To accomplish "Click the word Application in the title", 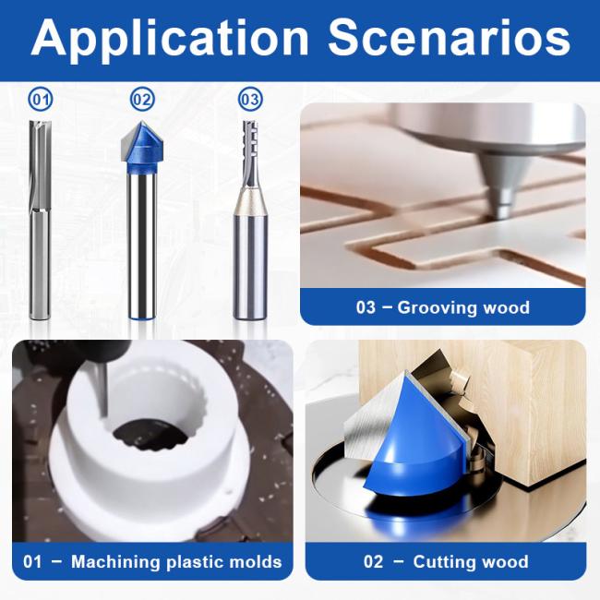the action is (170, 39).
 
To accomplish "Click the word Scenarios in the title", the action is (449, 38).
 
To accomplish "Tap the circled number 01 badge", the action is (41, 100).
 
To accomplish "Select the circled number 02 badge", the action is (142, 100).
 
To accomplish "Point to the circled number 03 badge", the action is (251, 100).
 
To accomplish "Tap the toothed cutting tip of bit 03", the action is (251, 153).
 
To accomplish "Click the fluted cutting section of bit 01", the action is (40, 164).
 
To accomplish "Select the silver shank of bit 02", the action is (142, 245).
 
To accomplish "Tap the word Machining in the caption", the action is (115, 562).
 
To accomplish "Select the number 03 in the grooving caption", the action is (366, 307).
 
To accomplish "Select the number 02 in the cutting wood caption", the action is (373, 562).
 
